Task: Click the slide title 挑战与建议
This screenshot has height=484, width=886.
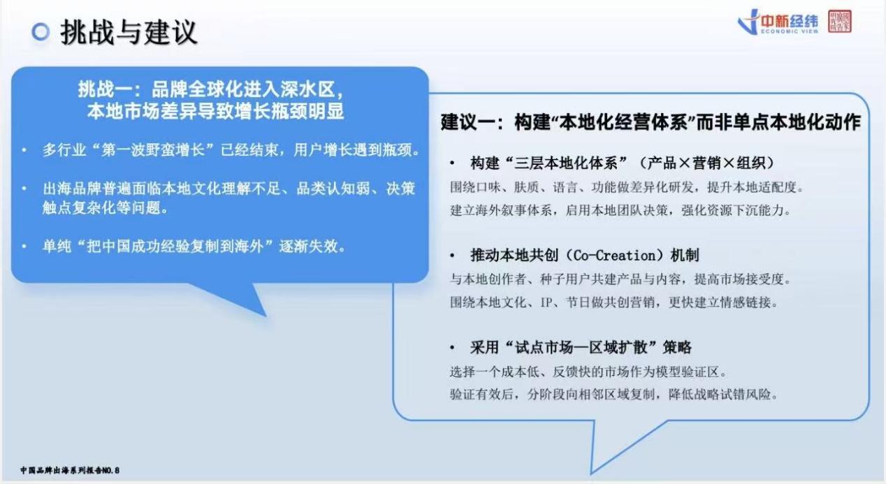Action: click(129, 33)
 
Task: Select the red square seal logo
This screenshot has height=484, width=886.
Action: click(839, 21)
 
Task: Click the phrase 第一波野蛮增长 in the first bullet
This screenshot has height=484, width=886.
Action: click(152, 150)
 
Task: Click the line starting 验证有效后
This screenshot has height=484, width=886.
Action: click(613, 394)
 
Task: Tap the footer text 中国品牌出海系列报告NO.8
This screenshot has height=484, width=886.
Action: click(70, 470)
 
